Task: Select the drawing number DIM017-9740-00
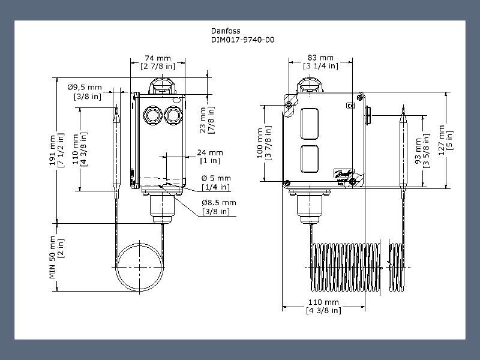pyautogui.click(x=243, y=40)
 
